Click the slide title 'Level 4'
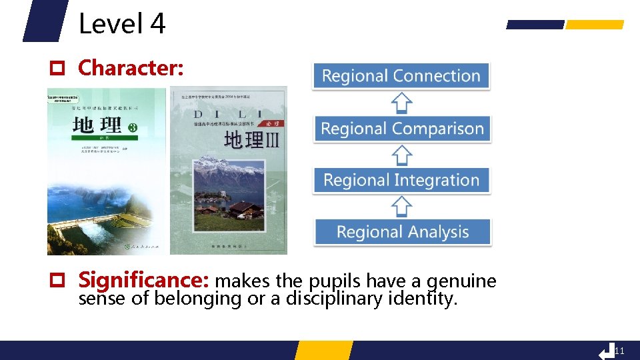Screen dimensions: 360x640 point(122,24)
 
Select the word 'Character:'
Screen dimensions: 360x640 point(131,68)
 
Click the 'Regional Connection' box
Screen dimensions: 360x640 point(401,76)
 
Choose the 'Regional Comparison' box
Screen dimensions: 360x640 point(402,128)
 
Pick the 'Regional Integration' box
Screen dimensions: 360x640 point(401,180)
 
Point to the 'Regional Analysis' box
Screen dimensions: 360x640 point(402,232)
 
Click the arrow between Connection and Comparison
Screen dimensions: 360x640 point(401,102)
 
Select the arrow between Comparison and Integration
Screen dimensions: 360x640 point(401,154)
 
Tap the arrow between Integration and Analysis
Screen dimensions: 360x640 point(401,206)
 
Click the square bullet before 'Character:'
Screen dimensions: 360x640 point(58,69)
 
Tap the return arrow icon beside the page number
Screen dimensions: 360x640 point(606,351)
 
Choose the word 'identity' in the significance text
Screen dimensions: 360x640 point(427,299)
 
